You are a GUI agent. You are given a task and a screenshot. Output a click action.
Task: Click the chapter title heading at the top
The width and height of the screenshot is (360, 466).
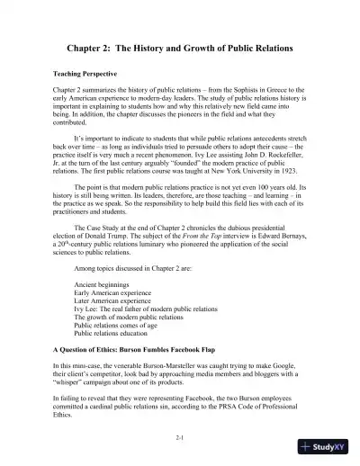pos(180,47)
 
